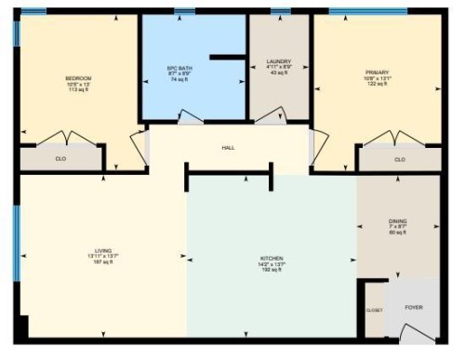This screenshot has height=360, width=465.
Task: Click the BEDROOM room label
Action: (78, 77)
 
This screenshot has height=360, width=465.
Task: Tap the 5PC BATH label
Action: (177, 68)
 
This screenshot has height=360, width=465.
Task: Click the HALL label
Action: (228, 148)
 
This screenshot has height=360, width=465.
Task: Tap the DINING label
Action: (397, 221)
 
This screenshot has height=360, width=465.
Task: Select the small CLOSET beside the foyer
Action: (373, 310)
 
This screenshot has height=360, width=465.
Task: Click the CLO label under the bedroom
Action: (60, 159)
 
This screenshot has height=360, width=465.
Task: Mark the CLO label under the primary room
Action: (400, 159)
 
